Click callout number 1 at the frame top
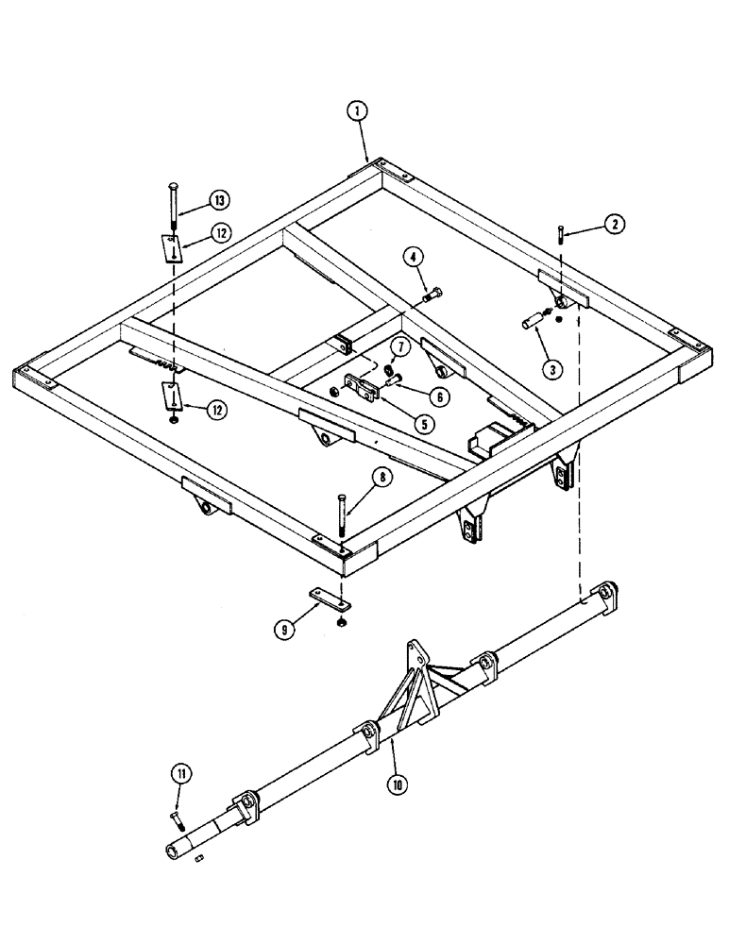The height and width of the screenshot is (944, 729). tap(356, 111)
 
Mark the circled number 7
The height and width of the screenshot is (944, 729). tap(400, 348)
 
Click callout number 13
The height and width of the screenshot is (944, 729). tap(218, 200)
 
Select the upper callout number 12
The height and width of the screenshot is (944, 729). tap(220, 235)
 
